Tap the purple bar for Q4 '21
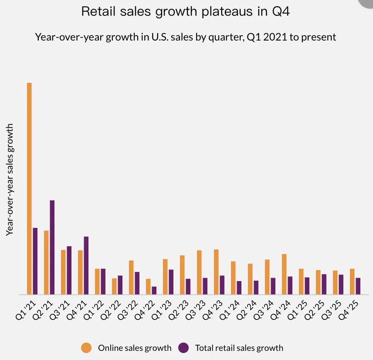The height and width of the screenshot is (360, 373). tap(86, 265)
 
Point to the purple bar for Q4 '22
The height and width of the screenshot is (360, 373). tap(154, 290)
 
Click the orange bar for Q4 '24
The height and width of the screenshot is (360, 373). tap(284, 274)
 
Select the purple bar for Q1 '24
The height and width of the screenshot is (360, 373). tap(239, 288)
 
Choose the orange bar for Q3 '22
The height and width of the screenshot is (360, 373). tap(131, 277)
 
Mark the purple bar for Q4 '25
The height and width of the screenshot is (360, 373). tap(358, 286)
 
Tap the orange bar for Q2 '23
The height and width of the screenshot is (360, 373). tap(182, 275)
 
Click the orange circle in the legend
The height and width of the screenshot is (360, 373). tap(86, 347)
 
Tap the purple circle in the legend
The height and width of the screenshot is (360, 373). tap(184, 347)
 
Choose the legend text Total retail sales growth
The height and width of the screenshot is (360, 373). tap(239, 348)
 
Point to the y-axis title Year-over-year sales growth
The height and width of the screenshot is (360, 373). tap(10, 180)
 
